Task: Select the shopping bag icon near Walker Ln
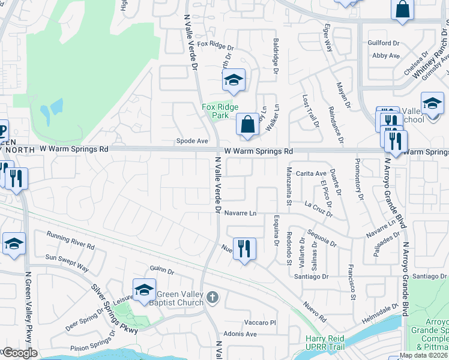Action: (x=247, y=125)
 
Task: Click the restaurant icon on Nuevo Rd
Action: (x=244, y=248)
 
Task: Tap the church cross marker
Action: (x=212, y=297)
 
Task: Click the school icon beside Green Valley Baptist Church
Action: (x=144, y=290)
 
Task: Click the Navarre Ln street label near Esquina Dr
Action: (x=241, y=213)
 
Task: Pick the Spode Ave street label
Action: (x=192, y=141)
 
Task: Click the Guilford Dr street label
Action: (x=384, y=43)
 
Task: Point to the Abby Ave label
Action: (x=386, y=56)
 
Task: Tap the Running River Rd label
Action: (x=71, y=241)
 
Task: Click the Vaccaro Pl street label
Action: (x=260, y=322)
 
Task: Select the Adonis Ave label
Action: (x=240, y=334)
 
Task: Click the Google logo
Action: (x=19, y=353)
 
